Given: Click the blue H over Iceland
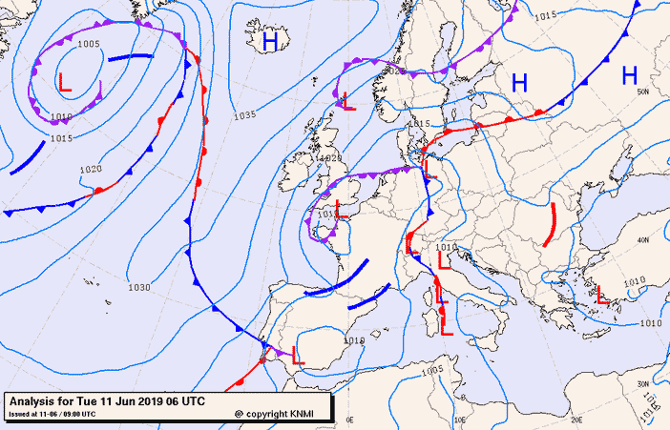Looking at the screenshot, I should [270, 42].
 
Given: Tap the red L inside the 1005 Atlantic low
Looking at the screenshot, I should [65, 83].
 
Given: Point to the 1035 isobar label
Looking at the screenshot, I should [244, 115].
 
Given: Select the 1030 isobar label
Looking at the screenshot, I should [139, 287].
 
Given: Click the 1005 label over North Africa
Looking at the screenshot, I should [432, 370].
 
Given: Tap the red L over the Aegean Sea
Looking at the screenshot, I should [602, 297].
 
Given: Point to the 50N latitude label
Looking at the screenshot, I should [643, 92].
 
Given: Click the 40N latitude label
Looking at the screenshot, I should [643, 239].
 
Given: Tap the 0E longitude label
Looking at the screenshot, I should [349, 420].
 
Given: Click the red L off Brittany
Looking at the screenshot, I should [339, 207].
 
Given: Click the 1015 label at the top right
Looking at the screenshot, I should [545, 14].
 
